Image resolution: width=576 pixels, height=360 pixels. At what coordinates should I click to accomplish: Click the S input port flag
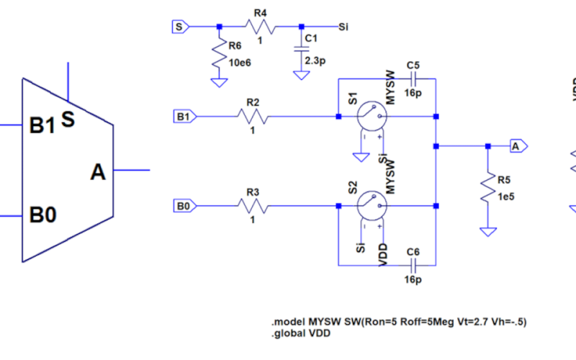click(x=179, y=27)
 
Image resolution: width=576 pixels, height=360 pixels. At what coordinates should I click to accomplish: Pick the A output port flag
click(x=516, y=146)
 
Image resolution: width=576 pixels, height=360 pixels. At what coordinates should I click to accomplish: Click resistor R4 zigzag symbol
click(x=261, y=27)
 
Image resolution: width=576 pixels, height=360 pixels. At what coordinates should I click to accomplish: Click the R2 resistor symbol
click(x=253, y=116)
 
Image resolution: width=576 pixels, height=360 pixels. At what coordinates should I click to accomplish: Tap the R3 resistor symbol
click(x=253, y=207)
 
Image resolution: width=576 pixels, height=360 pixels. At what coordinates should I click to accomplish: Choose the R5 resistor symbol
click(x=487, y=189)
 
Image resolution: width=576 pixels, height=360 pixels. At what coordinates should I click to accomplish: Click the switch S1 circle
click(x=372, y=116)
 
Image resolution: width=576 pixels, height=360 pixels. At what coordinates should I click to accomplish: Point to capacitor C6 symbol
click(x=413, y=264)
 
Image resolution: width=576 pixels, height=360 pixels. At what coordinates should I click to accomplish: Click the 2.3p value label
click(x=315, y=62)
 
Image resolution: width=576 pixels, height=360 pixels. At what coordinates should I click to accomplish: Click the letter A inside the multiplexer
click(x=98, y=172)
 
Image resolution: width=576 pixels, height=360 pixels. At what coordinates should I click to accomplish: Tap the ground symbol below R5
click(x=487, y=231)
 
